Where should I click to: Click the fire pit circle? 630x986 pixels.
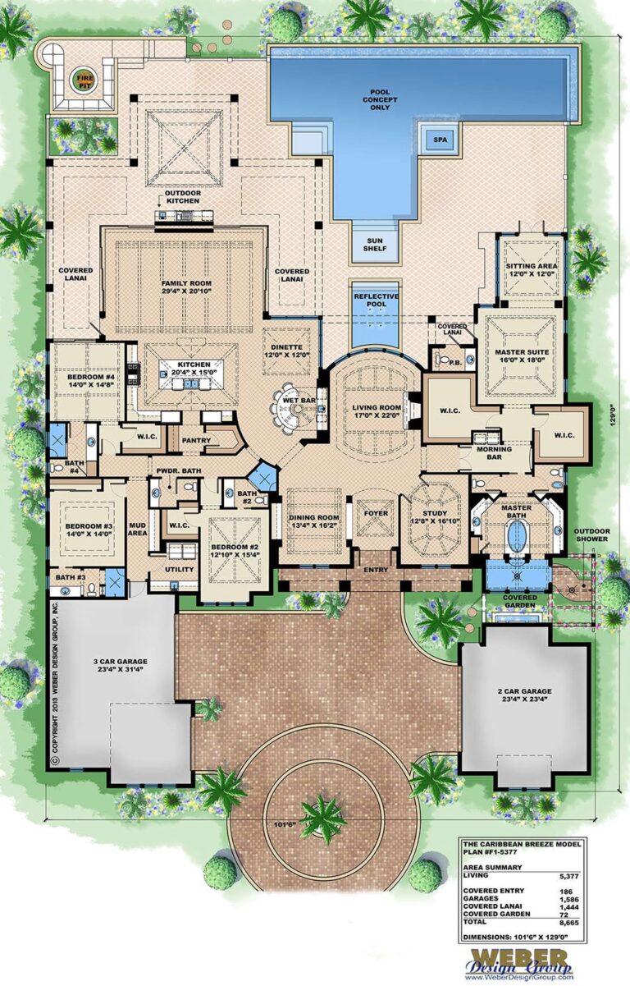[84, 80]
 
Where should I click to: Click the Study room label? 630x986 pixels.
[435, 514]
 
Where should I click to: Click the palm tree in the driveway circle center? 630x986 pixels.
[322, 815]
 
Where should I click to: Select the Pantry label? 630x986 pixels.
[197, 441]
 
